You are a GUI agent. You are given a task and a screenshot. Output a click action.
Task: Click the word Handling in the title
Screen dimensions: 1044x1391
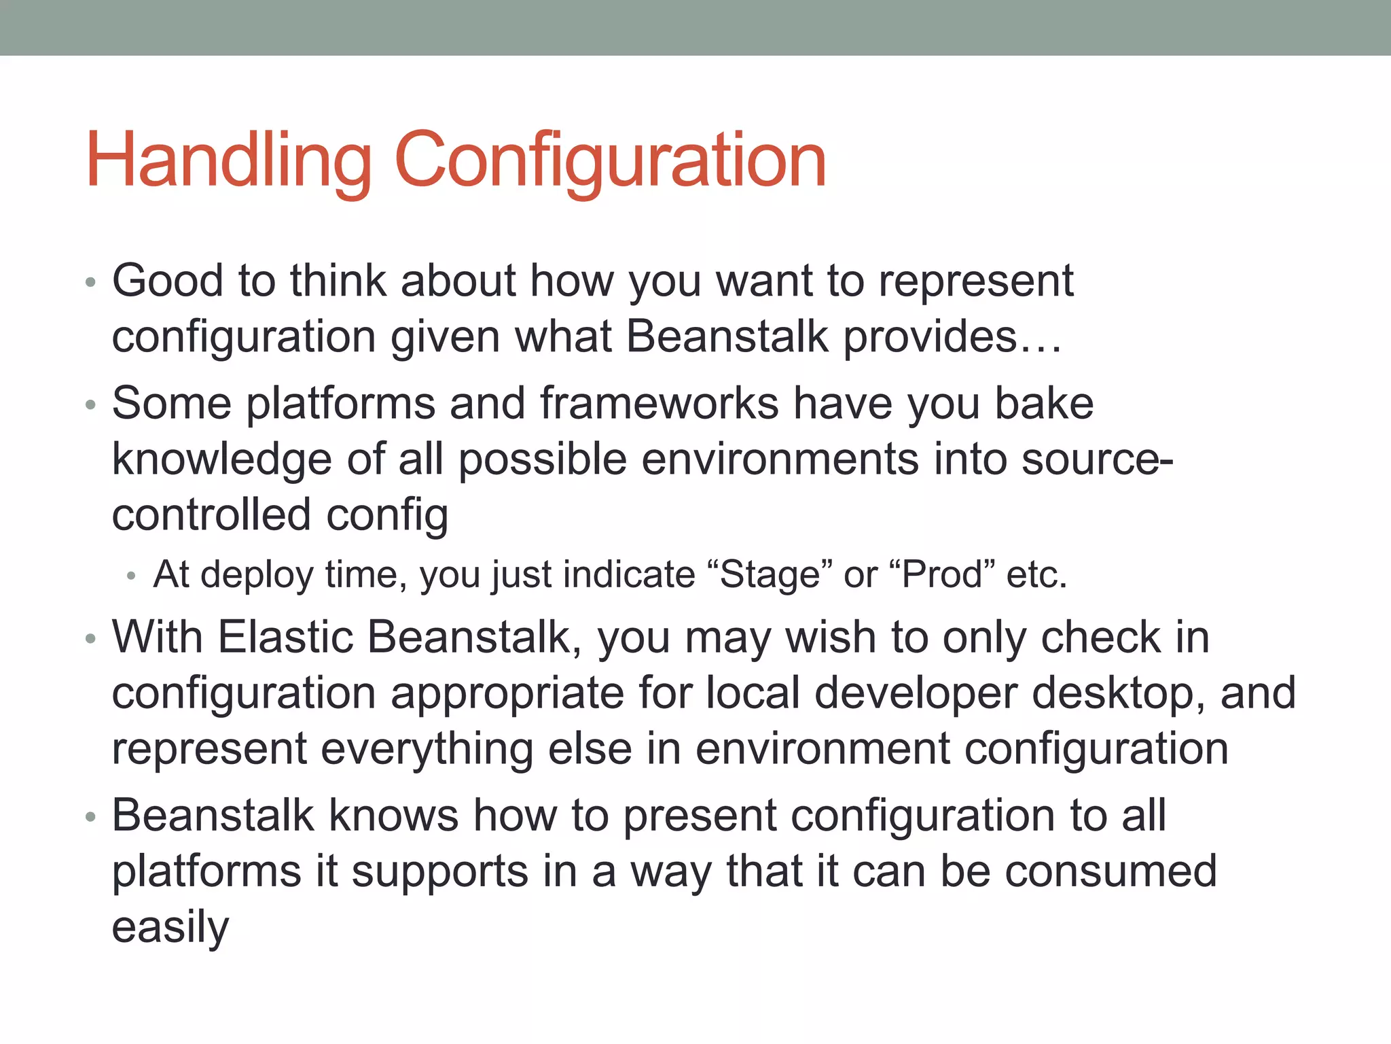click(x=229, y=161)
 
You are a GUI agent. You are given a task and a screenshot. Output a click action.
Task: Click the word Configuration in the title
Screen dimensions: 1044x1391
click(x=609, y=161)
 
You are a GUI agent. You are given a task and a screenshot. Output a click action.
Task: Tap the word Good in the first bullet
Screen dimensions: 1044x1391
click(x=168, y=281)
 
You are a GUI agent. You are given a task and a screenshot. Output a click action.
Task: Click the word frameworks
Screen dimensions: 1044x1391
click(x=659, y=403)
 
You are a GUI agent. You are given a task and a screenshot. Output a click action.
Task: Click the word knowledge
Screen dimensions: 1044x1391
click(x=221, y=460)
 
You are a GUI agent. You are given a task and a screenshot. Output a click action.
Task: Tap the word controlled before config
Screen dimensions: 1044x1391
click(x=211, y=515)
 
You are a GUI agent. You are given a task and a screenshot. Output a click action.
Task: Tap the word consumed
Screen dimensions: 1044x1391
click(x=1110, y=871)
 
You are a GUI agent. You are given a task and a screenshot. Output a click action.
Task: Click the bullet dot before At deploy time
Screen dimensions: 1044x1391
click(x=132, y=576)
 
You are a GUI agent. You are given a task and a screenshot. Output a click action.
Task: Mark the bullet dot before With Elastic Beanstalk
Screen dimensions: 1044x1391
click(x=91, y=639)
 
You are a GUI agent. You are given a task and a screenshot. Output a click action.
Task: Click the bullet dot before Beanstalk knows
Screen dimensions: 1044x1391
click(x=91, y=817)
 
